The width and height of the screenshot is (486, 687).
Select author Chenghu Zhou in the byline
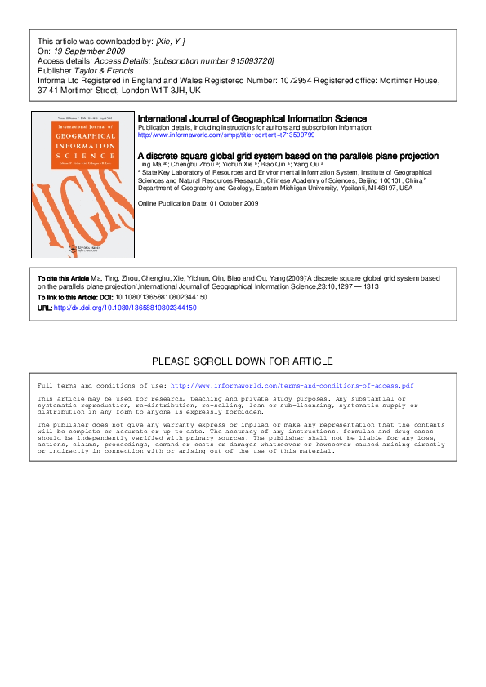point(188,165)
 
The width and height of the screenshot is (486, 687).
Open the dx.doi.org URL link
point(125,308)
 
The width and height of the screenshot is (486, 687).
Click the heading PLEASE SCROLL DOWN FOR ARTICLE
point(243,361)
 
